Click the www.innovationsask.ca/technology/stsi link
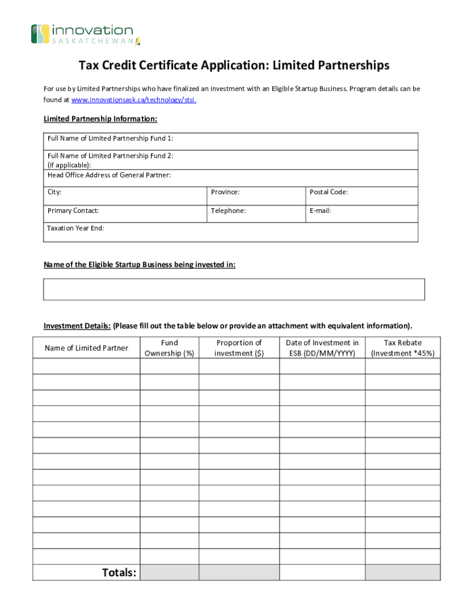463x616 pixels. (x=133, y=100)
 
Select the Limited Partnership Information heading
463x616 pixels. (x=100, y=119)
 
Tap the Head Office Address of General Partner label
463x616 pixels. (x=109, y=175)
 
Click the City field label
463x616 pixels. (x=54, y=192)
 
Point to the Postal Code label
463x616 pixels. (x=328, y=192)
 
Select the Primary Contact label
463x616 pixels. (x=73, y=211)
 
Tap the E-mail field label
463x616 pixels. (x=320, y=211)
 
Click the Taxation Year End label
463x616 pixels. (x=75, y=228)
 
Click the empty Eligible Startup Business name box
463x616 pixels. (x=234, y=289)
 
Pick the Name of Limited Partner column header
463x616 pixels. (x=86, y=348)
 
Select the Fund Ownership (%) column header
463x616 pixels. (x=170, y=348)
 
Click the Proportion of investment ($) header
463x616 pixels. (x=239, y=348)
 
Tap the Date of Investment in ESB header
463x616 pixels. (x=322, y=348)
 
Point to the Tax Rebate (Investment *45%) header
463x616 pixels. (x=402, y=348)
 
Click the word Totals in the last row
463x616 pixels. (x=118, y=572)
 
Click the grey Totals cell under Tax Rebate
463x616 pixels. (x=402, y=572)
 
